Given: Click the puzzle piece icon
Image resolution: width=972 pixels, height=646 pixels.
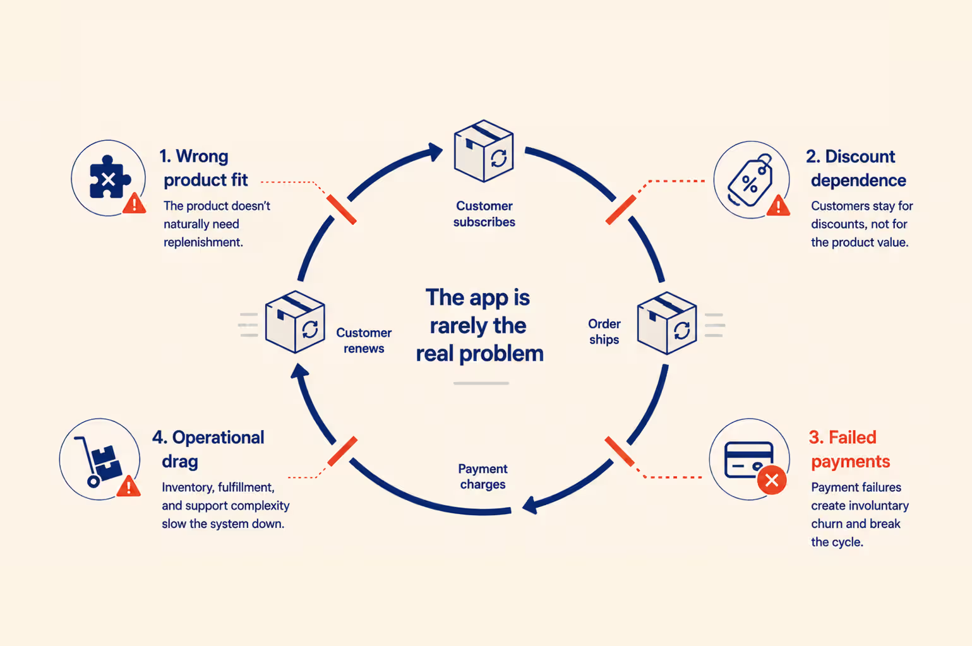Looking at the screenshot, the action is [109, 177].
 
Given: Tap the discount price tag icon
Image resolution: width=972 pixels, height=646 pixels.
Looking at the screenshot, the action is [750, 181].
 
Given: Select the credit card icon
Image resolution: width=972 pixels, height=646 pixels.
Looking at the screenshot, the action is [749, 460].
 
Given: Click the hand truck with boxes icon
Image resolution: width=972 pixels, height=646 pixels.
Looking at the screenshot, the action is [98, 461].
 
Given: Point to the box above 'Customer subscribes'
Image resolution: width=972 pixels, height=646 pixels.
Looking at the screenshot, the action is [483, 151].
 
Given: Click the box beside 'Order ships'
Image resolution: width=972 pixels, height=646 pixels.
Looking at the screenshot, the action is [667, 323].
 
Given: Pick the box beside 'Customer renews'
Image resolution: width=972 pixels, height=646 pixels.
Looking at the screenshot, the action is [295, 322].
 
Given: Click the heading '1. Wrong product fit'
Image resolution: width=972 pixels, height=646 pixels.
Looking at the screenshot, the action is [203, 168].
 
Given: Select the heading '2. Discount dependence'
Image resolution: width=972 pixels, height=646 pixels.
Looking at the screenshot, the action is [856, 169].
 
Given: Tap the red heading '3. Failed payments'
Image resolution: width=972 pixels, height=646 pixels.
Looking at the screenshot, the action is [849, 449].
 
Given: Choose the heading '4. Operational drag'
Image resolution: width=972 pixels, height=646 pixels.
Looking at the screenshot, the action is [208, 449].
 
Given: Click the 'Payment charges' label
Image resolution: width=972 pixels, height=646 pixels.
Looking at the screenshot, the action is [483, 476].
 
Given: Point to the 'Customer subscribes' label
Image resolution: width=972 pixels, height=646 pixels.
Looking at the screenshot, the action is [484, 214].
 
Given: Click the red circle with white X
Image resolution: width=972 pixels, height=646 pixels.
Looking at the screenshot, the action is [772, 481].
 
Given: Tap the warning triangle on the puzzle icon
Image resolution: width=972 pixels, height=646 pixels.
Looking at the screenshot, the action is [134, 203].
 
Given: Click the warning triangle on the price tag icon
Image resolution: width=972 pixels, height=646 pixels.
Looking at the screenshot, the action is [778, 205].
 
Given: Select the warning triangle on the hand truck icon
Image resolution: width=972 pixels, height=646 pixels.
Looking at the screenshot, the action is [128, 486].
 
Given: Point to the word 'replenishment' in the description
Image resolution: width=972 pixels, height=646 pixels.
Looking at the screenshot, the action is [203, 242].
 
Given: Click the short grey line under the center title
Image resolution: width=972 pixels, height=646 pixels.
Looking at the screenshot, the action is [481, 383].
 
